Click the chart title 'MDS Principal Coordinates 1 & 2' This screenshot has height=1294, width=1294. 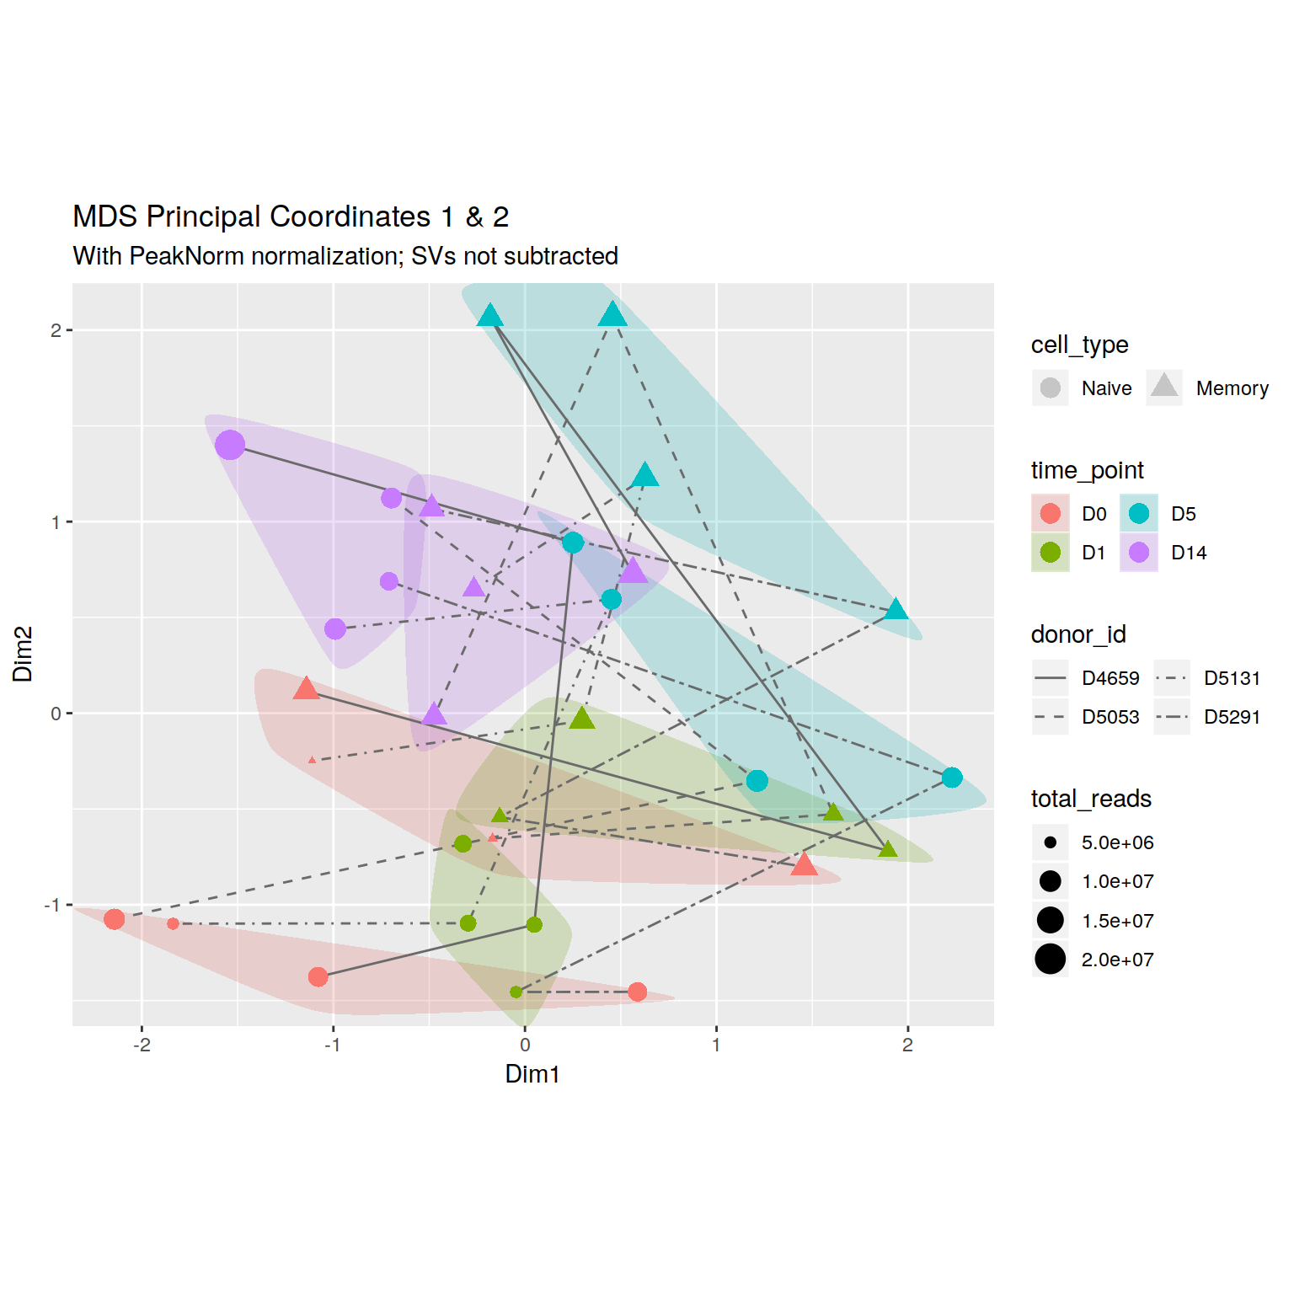[x=291, y=217]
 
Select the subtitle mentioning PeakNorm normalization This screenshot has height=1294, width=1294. [x=345, y=256]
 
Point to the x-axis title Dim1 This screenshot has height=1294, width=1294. [x=532, y=1074]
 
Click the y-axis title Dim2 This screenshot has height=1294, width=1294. [x=23, y=654]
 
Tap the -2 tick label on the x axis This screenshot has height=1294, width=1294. [x=142, y=1045]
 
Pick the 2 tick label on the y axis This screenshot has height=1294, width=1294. [x=56, y=330]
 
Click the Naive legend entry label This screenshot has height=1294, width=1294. [x=1106, y=388]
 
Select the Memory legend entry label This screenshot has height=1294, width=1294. [x=1232, y=388]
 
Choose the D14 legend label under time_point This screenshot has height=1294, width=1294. [x=1189, y=553]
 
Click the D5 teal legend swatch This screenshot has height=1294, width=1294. [x=1139, y=514]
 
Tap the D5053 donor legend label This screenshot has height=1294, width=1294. [x=1110, y=717]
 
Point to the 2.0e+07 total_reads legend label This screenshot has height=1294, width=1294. [x=1117, y=960]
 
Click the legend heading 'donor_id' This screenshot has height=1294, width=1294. [x=1078, y=634]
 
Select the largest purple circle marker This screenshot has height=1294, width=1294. [x=230, y=445]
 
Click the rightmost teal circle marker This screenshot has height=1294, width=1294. [x=952, y=778]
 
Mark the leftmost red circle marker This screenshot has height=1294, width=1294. [x=115, y=919]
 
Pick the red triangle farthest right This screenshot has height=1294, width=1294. [x=805, y=864]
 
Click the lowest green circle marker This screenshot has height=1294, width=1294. [x=516, y=992]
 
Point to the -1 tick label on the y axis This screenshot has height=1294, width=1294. [x=52, y=905]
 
